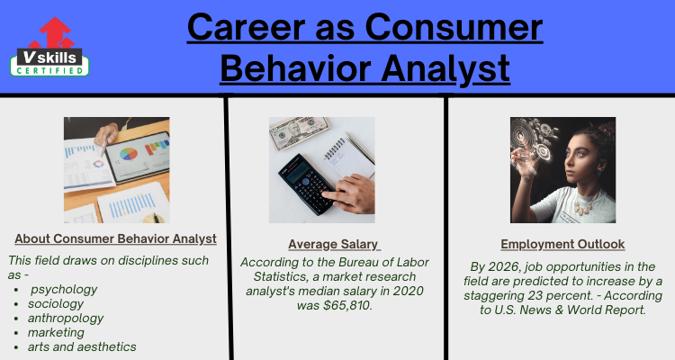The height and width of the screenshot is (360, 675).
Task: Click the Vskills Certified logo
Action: click(x=49, y=47)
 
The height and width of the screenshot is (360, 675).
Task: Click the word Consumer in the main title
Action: click(x=454, y=27)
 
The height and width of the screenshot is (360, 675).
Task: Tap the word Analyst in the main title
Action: click(x=445, y=69)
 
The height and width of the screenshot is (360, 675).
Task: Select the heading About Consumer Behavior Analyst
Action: click(x=115, y=238)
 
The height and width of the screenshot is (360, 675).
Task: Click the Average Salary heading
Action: click(x=335, y=244)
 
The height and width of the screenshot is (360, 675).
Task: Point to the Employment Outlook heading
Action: click(x=562, y=244)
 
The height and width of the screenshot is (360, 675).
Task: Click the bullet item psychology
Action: click(x=64, y=290)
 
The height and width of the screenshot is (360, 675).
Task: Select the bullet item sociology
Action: click(x=56, y=304)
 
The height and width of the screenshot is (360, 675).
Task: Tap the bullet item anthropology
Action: click(x=66, y=319)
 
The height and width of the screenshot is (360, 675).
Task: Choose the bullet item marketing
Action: click(x=56, y=332)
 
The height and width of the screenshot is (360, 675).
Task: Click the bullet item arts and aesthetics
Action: click(x=82, y=346)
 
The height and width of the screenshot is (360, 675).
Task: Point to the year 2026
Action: click(x=499, y=266)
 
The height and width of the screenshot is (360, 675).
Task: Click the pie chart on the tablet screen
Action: click(x=129, y=154)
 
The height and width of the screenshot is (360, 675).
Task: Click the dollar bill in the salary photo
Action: click(x=298, y=132)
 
